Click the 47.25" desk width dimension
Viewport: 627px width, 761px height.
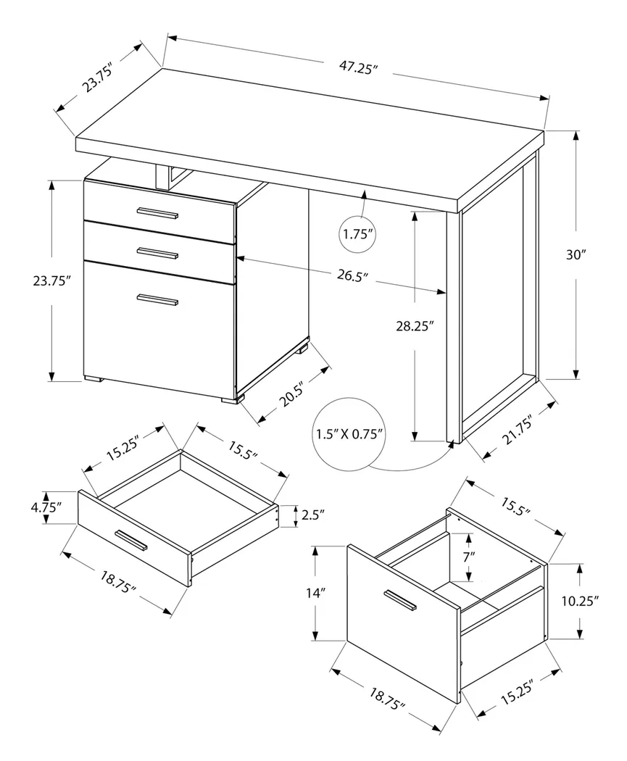click(x=356, y=67)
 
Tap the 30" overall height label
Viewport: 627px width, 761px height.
click(x=577, y=254)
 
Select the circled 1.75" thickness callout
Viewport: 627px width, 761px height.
click(x=357, y=234)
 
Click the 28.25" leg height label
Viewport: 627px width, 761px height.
click(x=415, y=327)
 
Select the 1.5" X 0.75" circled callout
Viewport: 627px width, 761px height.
click(x=350, y=434)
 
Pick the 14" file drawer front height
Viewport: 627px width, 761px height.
click(x=313, y=594)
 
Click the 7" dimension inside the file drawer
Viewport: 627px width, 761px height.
click(x=470, y=557)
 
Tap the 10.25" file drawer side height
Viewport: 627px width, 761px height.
click(x=580, y=601)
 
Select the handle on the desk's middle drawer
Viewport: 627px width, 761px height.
click(x=157, y=253)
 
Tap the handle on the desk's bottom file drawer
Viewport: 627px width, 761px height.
click(x=157, y=299)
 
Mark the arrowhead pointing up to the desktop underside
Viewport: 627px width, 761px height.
click(x=362, y=194)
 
